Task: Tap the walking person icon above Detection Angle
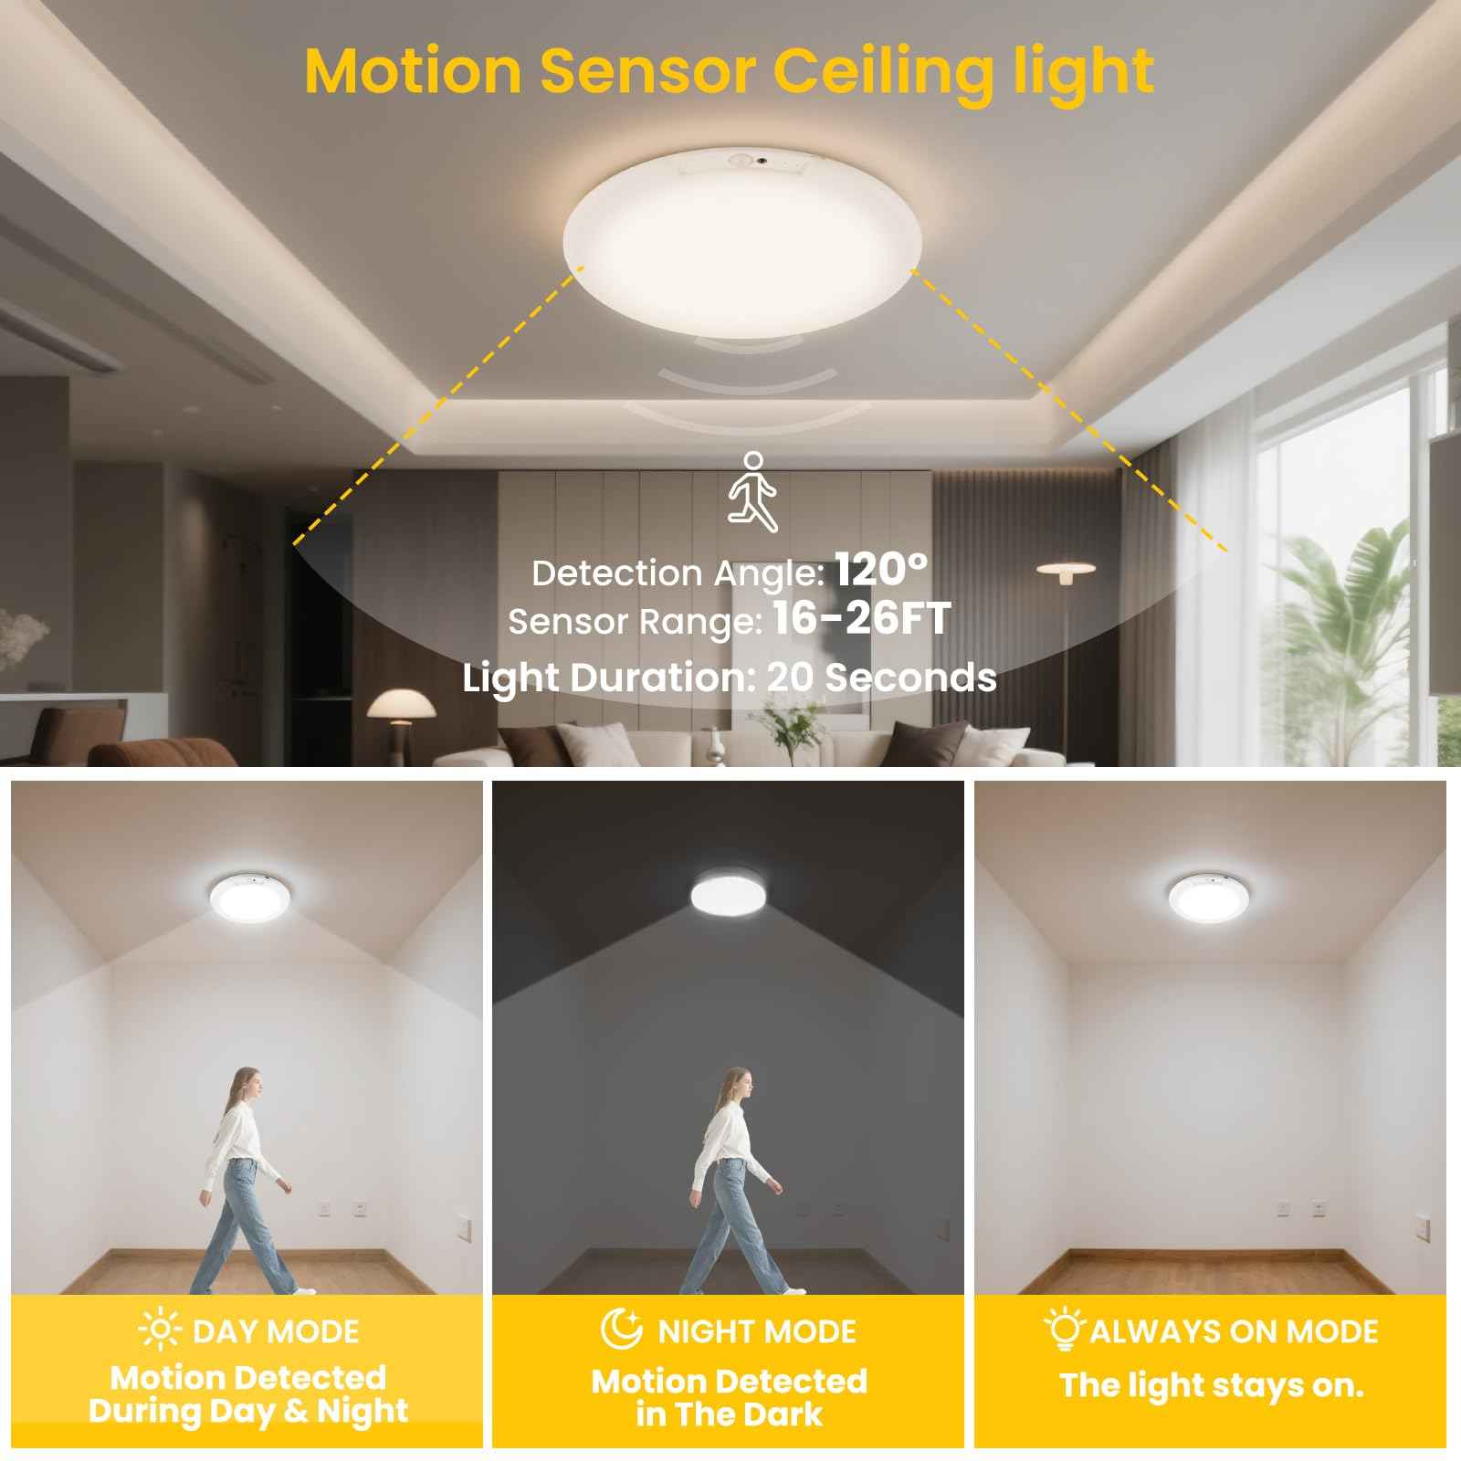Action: (752, 490)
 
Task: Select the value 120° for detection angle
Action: (881, 571)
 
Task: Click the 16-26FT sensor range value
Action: (861, 619)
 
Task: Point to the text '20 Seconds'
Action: (881, 678)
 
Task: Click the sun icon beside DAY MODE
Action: (160, 1331)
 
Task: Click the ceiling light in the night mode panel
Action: (729, 894)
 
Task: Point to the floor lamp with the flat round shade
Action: (1066, 570)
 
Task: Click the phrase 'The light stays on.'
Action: (1212, 1386)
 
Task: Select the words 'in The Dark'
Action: (729, 1414)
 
